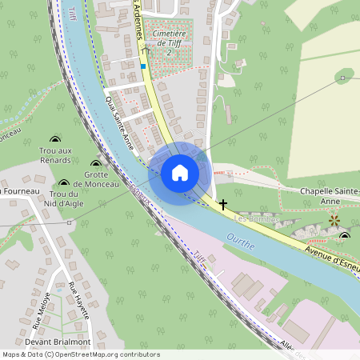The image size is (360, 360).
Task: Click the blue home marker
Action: (x=180, y=173)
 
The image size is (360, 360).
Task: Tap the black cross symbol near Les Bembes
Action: (x=223, y=206)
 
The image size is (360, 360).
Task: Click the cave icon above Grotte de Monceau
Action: (x=95, y=164)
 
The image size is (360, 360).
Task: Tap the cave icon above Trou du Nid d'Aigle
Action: (x=64, y=183)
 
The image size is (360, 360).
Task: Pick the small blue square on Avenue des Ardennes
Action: (x=143, y=66)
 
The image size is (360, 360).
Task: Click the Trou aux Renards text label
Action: (x=55, y=155)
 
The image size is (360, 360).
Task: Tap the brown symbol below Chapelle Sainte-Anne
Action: (x=334, y=218)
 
